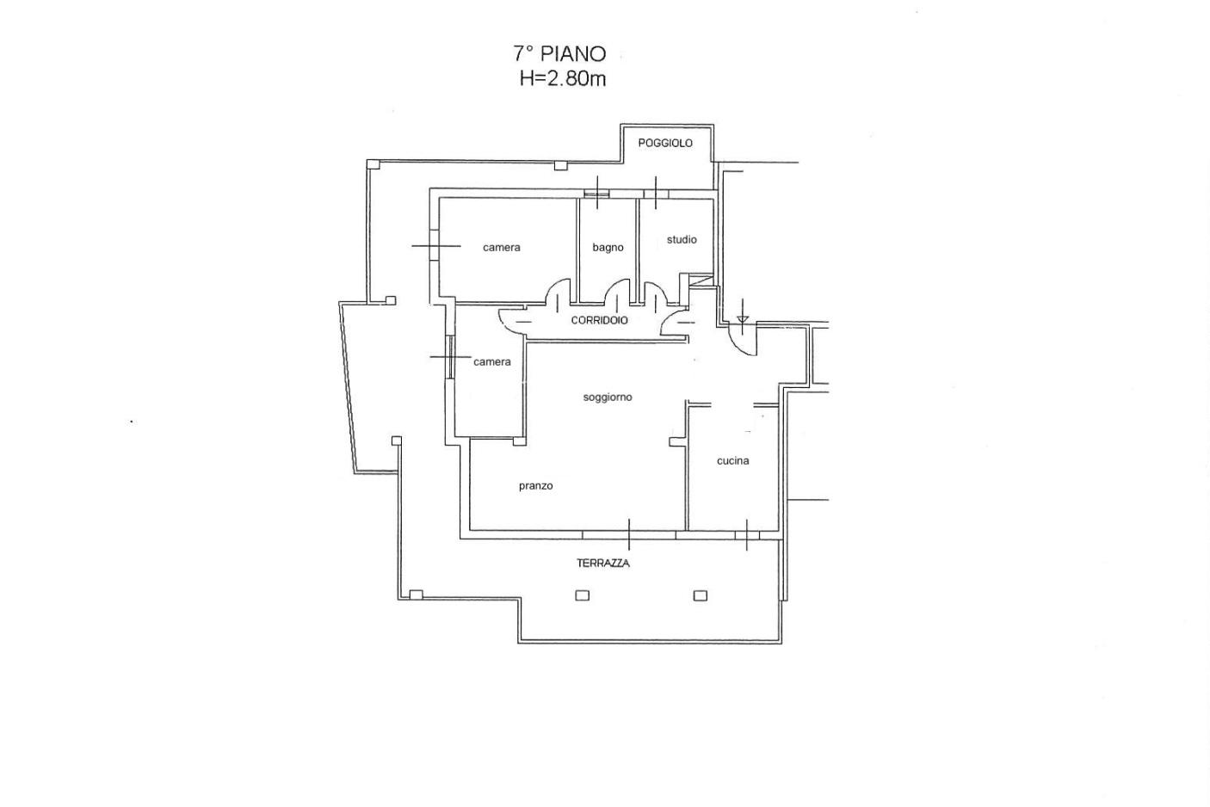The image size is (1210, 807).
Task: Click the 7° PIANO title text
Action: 559,54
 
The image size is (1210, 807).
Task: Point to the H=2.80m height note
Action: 562,79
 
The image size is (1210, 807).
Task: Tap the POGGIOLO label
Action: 665,143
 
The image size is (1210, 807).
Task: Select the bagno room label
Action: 608,248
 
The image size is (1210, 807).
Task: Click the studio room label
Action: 682,239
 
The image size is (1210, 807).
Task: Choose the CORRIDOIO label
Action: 600,320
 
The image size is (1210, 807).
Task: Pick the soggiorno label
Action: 608,397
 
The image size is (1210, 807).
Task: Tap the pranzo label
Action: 535,486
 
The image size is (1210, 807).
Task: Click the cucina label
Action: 732,461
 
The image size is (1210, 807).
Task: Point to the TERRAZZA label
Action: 602,564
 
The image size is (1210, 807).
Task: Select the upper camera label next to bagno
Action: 501,248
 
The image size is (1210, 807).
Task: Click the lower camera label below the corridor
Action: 491,362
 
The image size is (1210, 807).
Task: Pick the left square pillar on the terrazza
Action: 582,595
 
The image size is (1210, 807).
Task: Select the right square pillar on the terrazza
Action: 700,595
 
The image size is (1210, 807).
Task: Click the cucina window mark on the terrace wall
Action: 746,535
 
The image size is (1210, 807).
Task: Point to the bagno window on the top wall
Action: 597,194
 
